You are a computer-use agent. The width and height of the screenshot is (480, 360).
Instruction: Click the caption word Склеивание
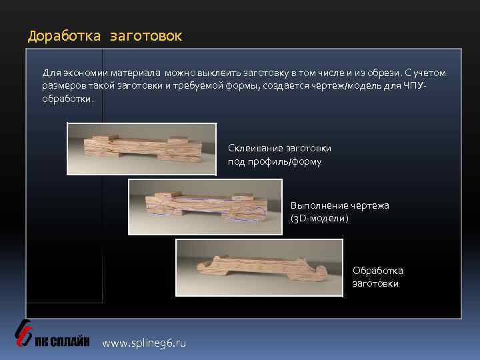click(x=256, y=148)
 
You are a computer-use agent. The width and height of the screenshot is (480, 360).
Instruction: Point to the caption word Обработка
click(x=377, y=271)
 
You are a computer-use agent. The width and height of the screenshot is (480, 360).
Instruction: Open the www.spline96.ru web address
click(x=144, y=343)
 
